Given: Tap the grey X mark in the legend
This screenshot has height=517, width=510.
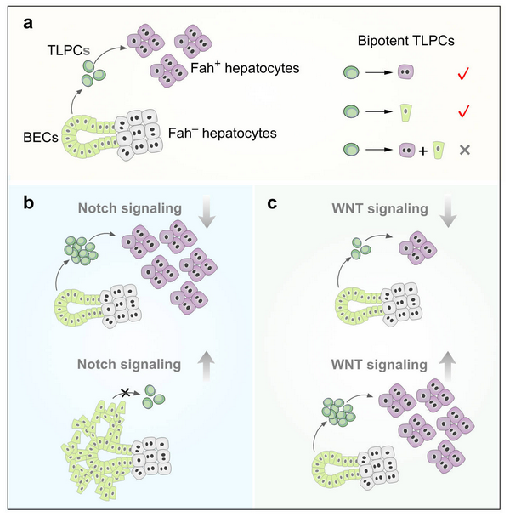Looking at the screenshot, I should [x=464, y=151].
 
